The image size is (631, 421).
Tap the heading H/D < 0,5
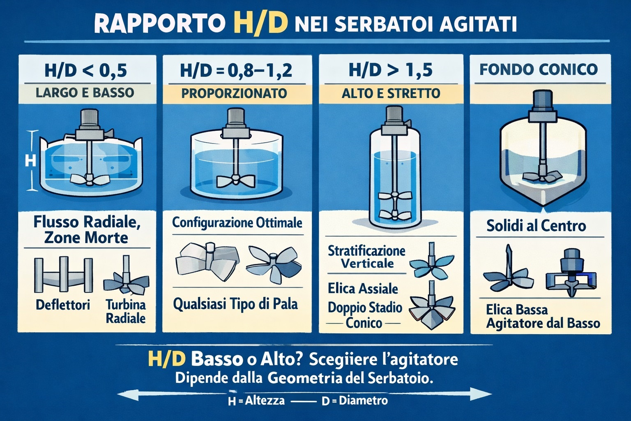85,71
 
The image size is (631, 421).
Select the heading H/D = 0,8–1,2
236,71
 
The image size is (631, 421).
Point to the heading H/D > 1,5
390,70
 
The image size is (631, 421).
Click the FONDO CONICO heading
539,69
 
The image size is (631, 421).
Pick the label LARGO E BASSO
85,92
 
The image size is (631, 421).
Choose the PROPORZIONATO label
234,93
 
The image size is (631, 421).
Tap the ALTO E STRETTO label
391,93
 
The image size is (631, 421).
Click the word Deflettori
63,305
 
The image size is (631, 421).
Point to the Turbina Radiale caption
126,311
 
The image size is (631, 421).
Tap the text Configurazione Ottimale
237,223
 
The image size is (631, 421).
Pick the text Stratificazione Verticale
366,257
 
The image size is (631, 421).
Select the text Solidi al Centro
536,225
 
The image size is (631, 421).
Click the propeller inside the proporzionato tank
235,181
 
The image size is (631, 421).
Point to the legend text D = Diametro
355,400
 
